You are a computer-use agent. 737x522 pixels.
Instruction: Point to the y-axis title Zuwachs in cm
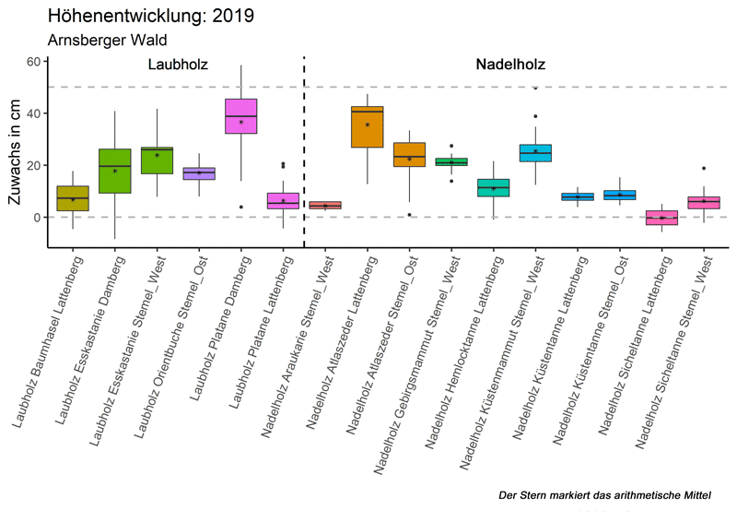click(x=16, y=152)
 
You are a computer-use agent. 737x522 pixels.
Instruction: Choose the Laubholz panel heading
click(x=178, y=65)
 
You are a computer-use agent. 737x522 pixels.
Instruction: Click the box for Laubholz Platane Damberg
click(x=241, y=116)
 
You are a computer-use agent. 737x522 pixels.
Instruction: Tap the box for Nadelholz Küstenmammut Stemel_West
click(x=535, y=153)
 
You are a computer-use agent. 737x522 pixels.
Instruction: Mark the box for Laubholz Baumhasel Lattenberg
click(x=73, y=198)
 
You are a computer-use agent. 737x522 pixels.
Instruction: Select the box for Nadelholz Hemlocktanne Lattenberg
click(x=494, y=187)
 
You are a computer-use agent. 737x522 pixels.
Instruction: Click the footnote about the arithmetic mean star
click(x=604, y=496)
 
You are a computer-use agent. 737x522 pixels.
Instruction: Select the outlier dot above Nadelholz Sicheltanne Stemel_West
click(x=704, y=169)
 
